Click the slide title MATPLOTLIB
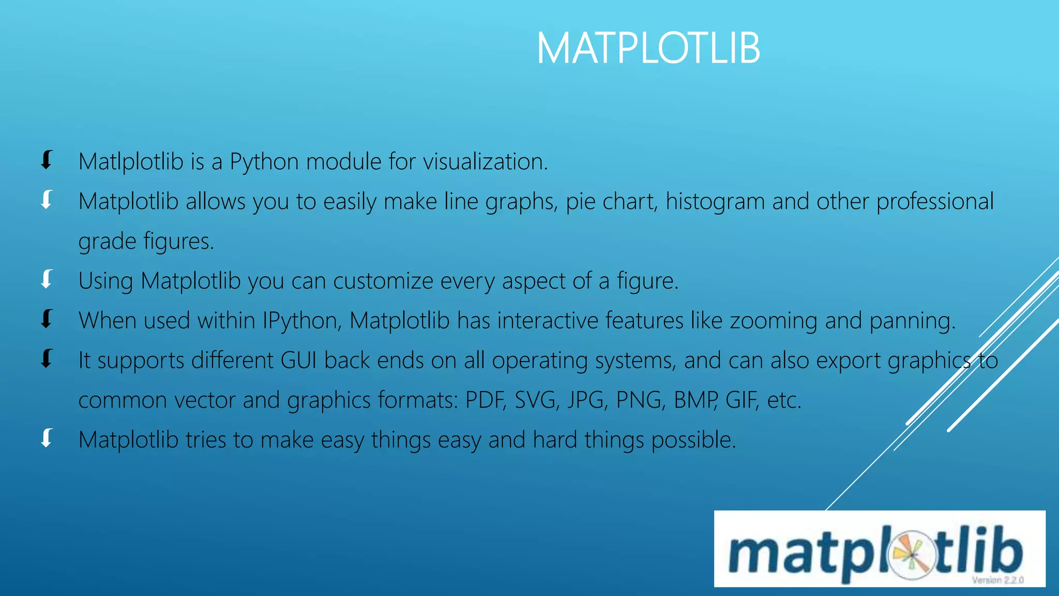click(648, 49)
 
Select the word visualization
click(485, 162)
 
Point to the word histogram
click(715, 202)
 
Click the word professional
click(935, 202)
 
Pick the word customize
click(383, 281)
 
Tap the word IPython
click(301, 321)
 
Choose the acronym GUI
click(298, 360)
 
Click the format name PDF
click(485, 400)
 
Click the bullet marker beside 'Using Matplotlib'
click(47, 279)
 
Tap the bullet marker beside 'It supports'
click(47, 359)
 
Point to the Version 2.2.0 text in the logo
click(997, 580)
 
